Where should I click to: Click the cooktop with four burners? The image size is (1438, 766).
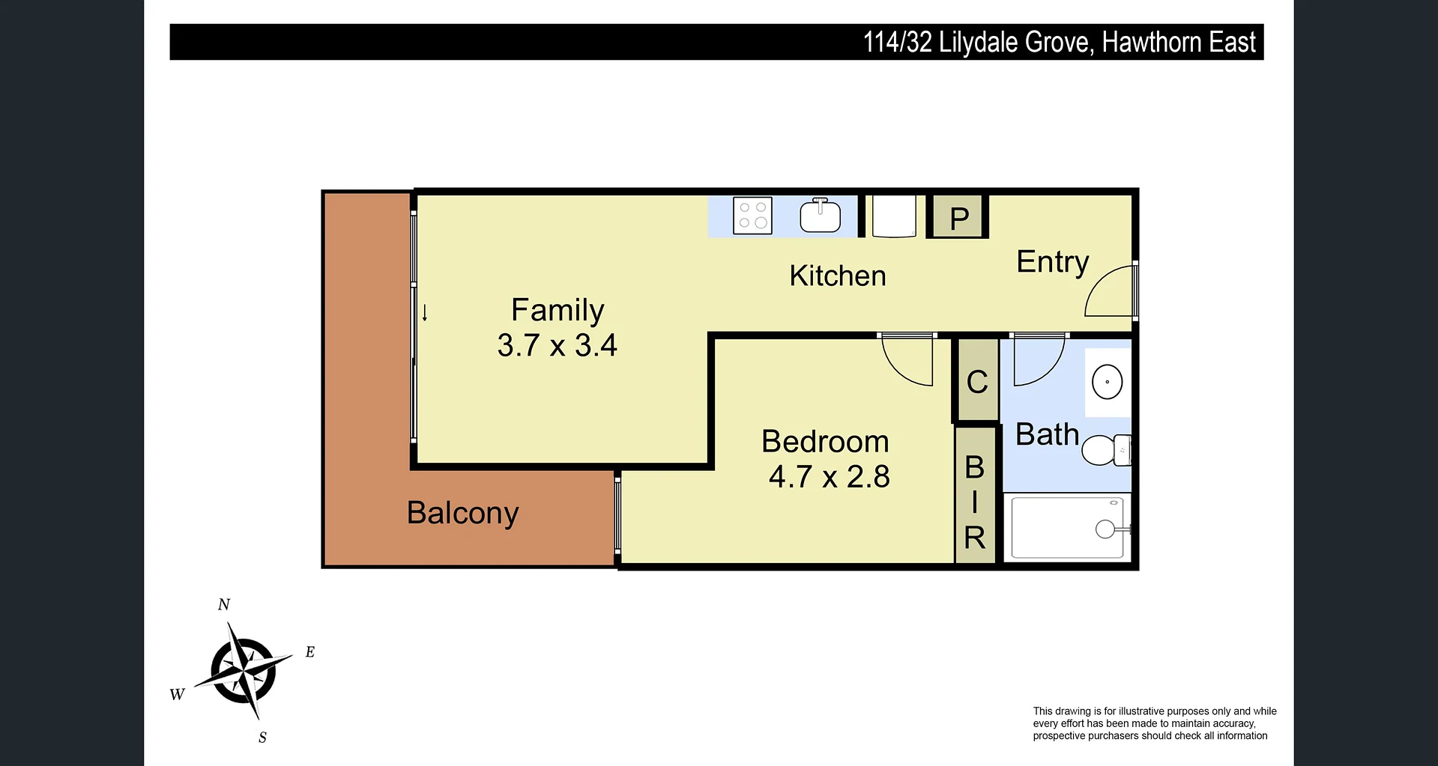752,216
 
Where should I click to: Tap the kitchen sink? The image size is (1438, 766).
821,216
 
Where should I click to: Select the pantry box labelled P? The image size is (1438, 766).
958,216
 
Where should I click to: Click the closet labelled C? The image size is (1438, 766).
976,381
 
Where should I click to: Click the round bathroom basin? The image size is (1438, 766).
1107,382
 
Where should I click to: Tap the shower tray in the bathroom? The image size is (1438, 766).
1068,527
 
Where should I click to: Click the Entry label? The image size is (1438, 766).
1052,262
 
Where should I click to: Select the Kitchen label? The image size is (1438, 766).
838,276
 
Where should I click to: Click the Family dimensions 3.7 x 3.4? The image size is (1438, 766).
557,345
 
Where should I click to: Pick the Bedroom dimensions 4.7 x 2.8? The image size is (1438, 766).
829,476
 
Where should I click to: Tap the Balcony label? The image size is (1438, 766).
462,513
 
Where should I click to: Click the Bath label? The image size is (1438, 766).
1047,434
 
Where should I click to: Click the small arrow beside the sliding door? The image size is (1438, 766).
425,313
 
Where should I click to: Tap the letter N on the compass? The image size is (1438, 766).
223,604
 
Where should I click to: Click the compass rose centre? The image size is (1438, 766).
244,669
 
